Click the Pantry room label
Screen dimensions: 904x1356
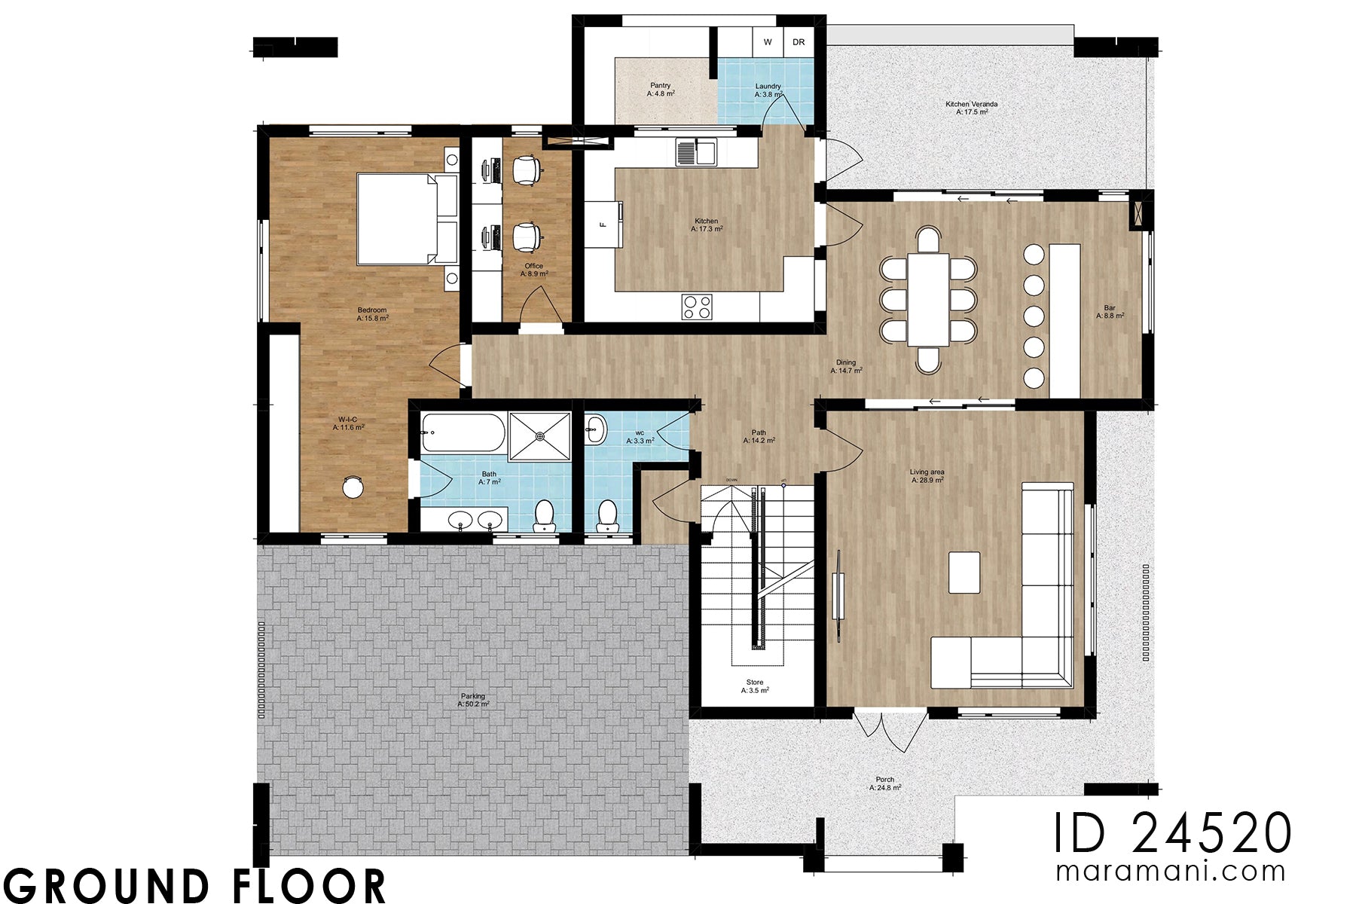(x=661, y=90)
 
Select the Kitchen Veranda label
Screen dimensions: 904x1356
(x=972, y=108)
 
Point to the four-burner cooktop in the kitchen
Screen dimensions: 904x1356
(x=697, y=307)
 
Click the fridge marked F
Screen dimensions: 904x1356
(x=603, y=224)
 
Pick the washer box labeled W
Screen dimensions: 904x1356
(x=768, y=42)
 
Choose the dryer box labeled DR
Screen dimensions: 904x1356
(x=799, y=42)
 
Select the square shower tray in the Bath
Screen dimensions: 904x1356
(x=540, y=435)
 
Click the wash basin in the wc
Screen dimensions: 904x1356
(x=595, y=432)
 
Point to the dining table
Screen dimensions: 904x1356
(x=928, y=299)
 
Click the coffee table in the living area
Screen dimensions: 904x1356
(x=964, y=573)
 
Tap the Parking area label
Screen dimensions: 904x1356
(x=473, y=700)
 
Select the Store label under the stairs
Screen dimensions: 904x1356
(x=755, y=686)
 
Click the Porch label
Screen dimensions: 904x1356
(x=885, y=783)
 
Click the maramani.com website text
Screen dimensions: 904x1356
(x=1171, y=872)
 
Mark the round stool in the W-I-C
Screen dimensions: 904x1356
(x=353, y=487)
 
